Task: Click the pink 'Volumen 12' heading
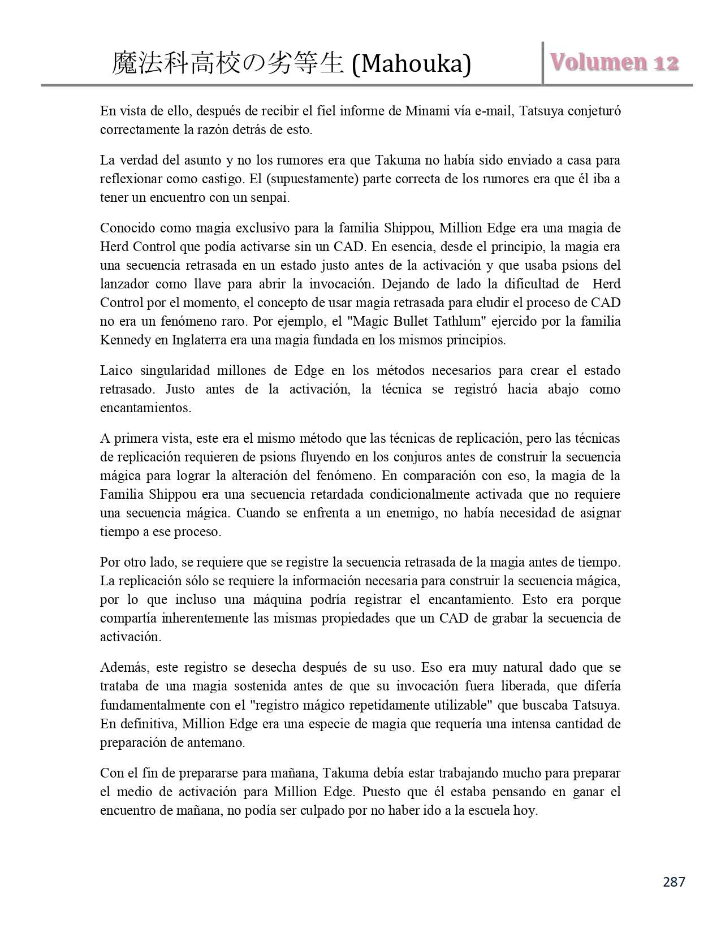coord(614,62)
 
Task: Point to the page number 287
coord(673,882)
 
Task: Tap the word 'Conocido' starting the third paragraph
coord(127,228)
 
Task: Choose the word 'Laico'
coord(116,371)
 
